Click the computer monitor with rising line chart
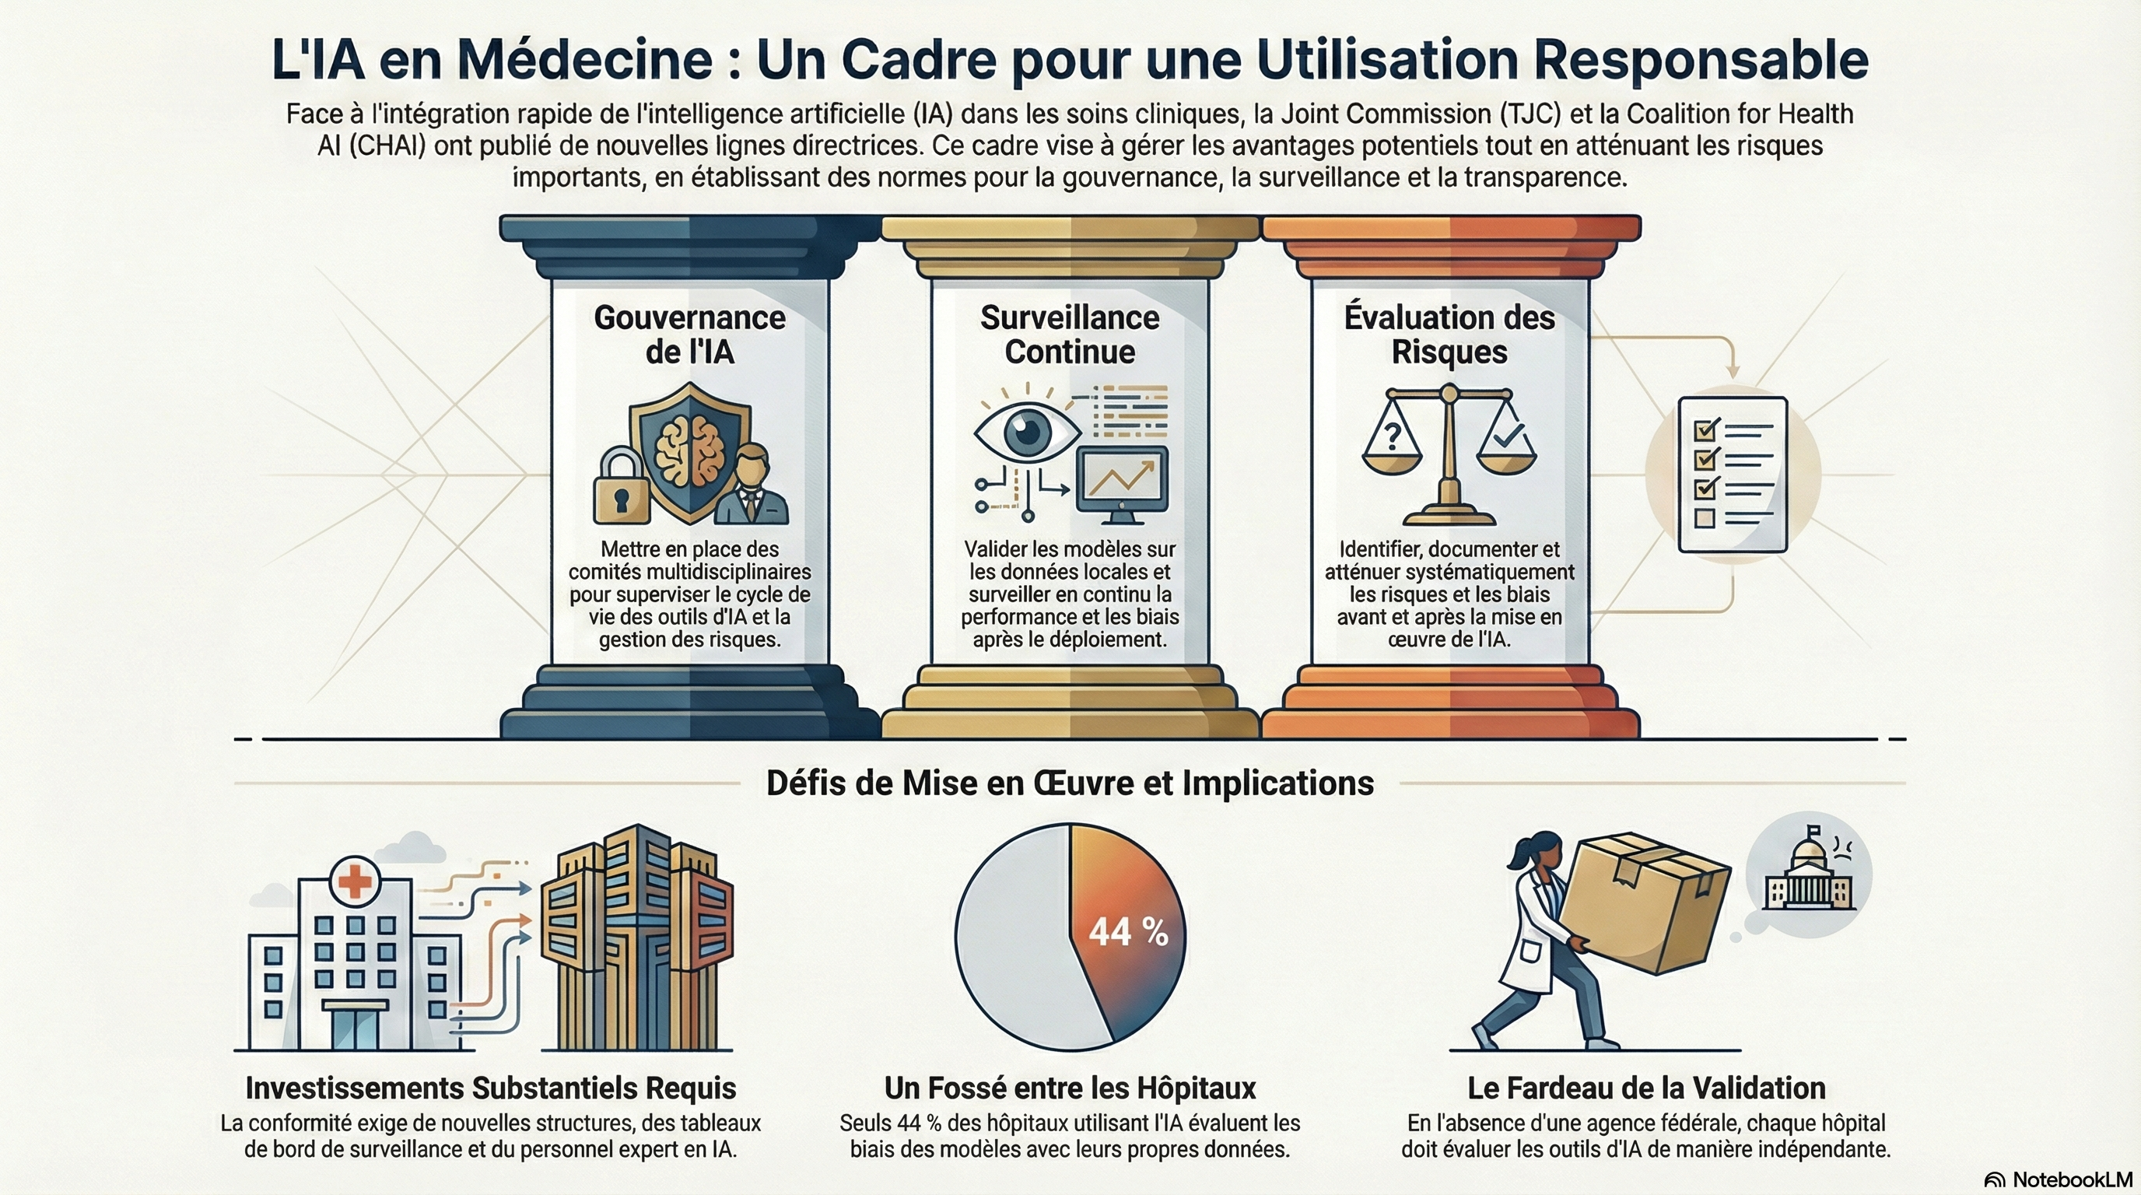pos(1122,482)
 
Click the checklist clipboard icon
pos(1732,475)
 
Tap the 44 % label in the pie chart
pos(1128,931)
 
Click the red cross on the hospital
pos(355,880)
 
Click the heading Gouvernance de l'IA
pos(690,335)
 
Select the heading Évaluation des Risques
pos(1449,335)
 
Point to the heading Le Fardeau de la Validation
pos(1645,1088)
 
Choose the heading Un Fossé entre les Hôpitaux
pos(1070,1088)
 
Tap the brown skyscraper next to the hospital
pos(636,939)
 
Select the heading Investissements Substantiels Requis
pos(490,1088)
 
